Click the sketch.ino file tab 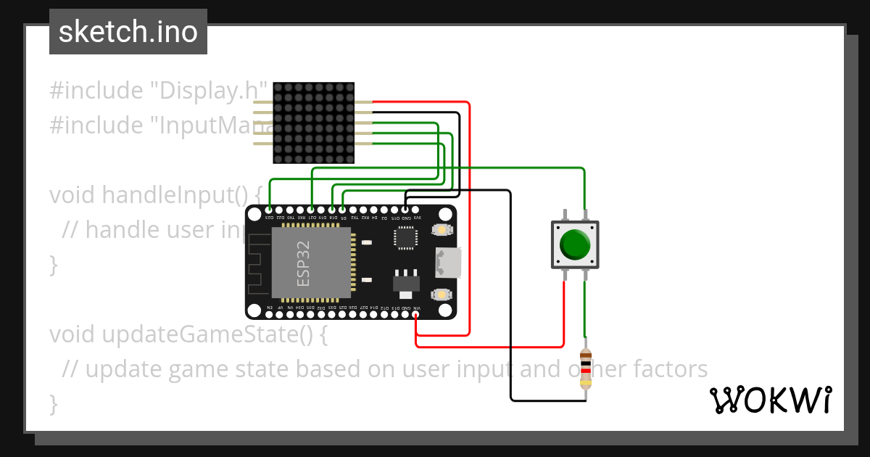[128, 32]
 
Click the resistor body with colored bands [586, 369]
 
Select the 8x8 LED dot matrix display [313, 123]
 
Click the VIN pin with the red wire [416, 314]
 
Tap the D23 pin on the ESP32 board [269, 210]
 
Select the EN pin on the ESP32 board [270, 314]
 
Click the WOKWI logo [770, 400]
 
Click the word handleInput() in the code [181, 195]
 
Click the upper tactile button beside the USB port [440, 230]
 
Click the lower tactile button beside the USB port [440, 295]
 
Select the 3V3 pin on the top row [416, 210]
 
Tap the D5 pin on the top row [342, 210]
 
